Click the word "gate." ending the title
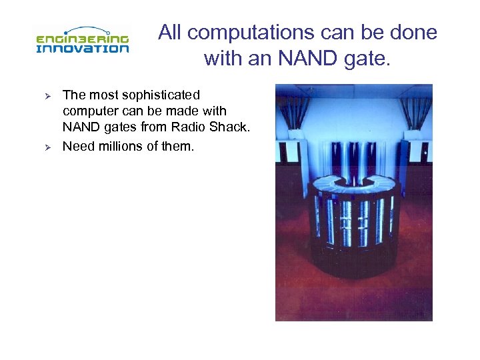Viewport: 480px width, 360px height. click(371, 59)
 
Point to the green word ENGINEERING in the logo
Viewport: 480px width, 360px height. click(82, 38)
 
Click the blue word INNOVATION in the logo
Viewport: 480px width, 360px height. click(82, 48)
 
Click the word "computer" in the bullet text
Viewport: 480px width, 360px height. click(90, 111)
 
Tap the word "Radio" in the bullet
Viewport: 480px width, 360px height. click(194, 127)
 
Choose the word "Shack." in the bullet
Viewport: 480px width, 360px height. click(231, 127)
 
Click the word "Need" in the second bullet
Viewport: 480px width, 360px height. click(78, 145)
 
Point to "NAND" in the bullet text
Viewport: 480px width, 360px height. click(80, 127)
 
